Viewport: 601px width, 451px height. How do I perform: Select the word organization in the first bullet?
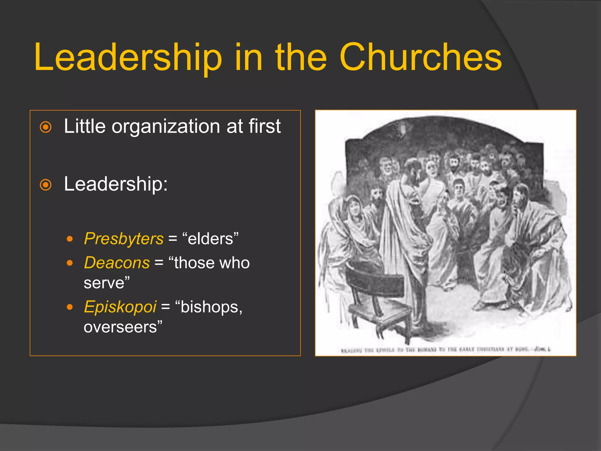[x=166, y=126]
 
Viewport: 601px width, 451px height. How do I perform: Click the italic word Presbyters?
[x=124, y=238]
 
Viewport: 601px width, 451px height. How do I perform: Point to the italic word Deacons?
[x=117, y=262]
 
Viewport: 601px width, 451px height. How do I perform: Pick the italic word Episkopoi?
[x=120, y=307]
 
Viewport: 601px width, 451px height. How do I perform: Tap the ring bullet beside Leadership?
[x=46, y=185]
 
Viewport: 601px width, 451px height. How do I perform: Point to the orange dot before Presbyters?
[x=70, y=239]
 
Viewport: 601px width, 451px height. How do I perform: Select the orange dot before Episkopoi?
[x=70, y=307]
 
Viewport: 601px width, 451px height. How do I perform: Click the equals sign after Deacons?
[x=159, y=263]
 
